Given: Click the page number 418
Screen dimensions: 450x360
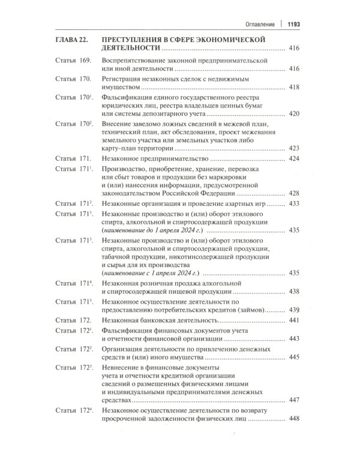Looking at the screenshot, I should pos(294,88).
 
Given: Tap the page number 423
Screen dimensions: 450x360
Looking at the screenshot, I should pos(294,148).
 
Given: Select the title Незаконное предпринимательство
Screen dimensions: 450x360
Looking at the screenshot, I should pos(155,159).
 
